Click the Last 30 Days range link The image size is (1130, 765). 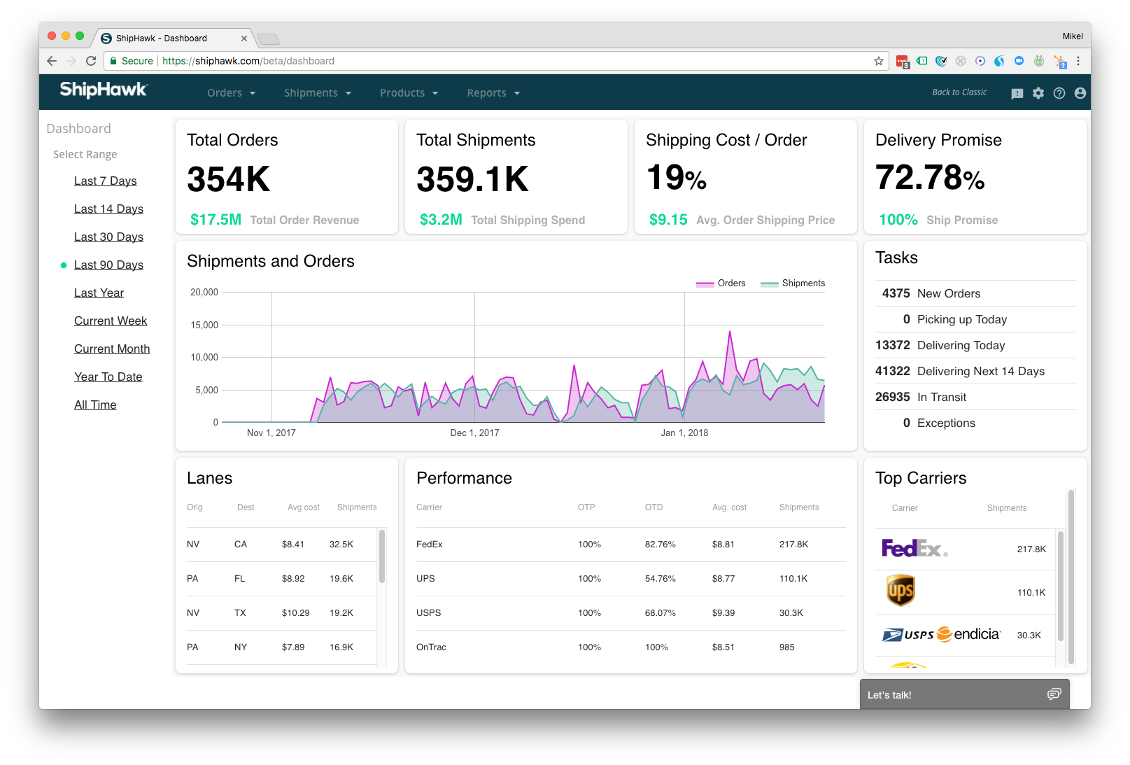click(108, 237)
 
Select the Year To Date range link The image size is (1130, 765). click(108, 377)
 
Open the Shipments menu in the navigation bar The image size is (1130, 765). click(317, 93)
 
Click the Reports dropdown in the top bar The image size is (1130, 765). click(493, 93)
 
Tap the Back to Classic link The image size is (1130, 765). click(959, 92)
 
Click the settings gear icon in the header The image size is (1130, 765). click(1038, 93)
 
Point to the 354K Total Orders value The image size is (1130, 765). click(228, 179)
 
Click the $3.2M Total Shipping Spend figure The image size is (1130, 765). click(441, 220)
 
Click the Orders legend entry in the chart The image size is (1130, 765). click(721, 283)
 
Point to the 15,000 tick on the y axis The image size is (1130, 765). click(204, 325)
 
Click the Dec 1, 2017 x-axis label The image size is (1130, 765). click(474, 433)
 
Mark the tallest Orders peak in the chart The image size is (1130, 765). click(730, 332)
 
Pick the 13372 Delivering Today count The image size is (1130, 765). click(892, 345)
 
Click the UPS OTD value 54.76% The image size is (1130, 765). click(660, 579)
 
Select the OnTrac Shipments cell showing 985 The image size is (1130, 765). click(786, 647)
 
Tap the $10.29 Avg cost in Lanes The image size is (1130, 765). click(295, 613)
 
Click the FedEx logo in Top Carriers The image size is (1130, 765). click(914, 548)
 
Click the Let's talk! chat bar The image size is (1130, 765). click(964, 694)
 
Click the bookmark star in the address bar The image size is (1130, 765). click(879, 61)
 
